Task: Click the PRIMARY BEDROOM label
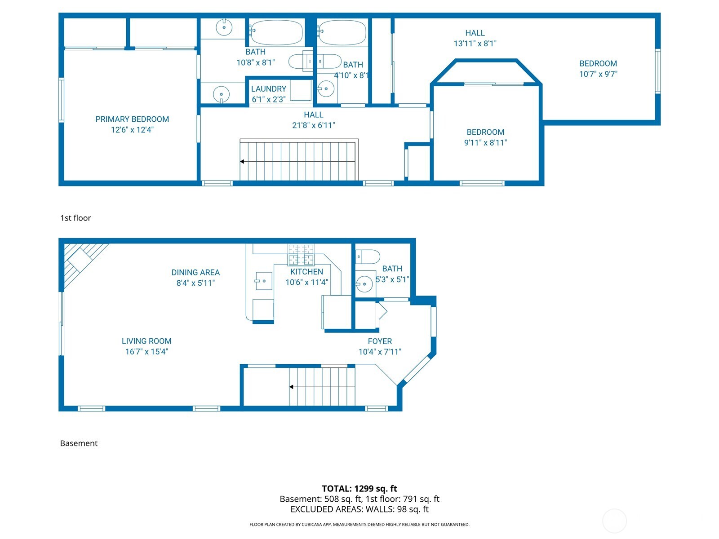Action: click(132, 119)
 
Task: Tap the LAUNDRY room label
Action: click(268, 89)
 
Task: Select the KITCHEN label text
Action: click(306, 272)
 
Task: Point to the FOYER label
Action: click(380, 341)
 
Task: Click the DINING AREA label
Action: click(195, 272)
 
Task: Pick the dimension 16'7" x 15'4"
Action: click(146, 352)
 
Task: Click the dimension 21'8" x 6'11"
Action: click(313, 125)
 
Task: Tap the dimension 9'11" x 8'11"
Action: click(485, 143)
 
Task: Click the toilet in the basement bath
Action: click(368, 257)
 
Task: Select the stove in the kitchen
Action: click(301, 255)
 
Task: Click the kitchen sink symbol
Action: click(264, 281)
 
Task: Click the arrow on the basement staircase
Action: click(292, 387)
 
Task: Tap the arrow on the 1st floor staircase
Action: click(242, 162)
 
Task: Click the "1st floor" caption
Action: click(75, 218)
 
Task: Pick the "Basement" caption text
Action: click(79, 443)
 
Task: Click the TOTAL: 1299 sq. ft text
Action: click(359, 489)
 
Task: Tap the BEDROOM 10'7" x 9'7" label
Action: click(598, 64)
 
